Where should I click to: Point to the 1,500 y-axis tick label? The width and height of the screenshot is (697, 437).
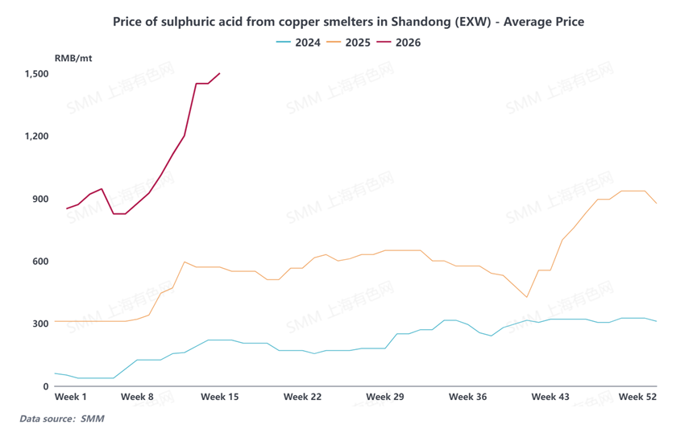click(36, 74)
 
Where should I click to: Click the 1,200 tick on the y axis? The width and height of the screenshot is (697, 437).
click(36, 136)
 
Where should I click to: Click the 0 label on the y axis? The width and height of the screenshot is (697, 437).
click(46, 386)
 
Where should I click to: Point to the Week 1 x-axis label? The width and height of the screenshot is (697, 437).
click(71, 398)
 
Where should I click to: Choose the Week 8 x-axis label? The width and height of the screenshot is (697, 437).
click(137, 398)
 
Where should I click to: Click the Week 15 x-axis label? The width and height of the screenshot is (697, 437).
click(220, 398)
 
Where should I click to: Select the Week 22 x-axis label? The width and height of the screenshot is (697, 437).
click(303, 398)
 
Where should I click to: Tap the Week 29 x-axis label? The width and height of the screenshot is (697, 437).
click(384, 398)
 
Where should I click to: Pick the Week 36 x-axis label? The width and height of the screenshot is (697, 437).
click(468, 398)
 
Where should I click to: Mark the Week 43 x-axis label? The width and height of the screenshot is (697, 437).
click(550, 398)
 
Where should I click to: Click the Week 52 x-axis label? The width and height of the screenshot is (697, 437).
click(637, 398)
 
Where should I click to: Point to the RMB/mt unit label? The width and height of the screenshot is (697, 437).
click(73, 59)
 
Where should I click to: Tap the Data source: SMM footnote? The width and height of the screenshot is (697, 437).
click(62, 419)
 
